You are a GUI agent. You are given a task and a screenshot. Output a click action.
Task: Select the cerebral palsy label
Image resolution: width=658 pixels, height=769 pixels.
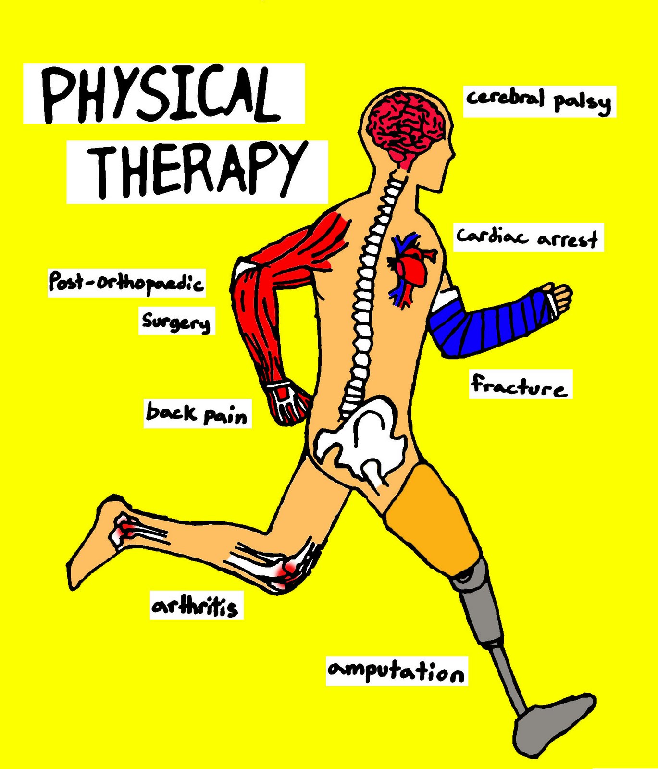coord(538,101)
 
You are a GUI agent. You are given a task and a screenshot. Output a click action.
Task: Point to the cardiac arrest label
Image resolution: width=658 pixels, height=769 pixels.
coord(527,237)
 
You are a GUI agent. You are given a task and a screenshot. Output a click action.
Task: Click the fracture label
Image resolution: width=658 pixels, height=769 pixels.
coord(520,384)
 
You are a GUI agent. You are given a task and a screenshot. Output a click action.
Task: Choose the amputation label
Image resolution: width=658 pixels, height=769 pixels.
coord(396,671)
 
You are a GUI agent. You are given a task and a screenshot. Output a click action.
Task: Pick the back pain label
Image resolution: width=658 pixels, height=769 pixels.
coord(197,413)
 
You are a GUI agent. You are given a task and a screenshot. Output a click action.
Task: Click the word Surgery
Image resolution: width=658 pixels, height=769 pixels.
coord(176,321)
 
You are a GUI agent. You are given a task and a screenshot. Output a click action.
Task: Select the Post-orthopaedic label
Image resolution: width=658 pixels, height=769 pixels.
coord(126,283)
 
